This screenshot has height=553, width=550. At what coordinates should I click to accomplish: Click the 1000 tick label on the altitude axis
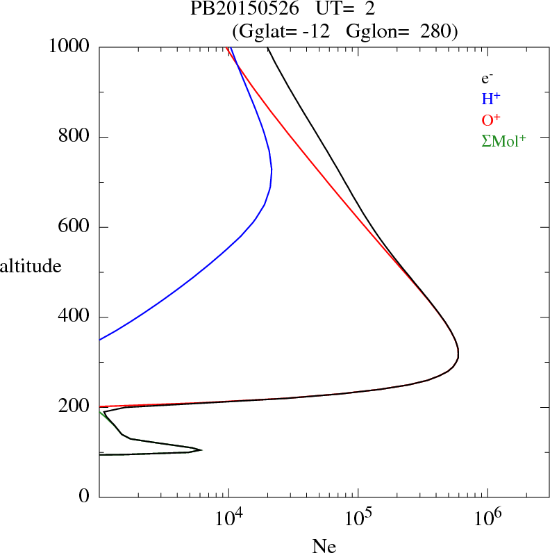(x=69, y=47)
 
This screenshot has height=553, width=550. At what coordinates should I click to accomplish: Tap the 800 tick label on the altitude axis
(x=75, y=138)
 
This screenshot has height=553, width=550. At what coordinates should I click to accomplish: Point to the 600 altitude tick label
(x=75, y=227)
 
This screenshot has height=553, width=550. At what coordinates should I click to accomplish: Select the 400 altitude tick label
(x=75, y=317)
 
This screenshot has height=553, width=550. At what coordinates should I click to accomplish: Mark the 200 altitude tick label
(x=75, y=407)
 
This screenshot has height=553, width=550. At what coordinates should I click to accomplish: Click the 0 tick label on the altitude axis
(x=84, y=497)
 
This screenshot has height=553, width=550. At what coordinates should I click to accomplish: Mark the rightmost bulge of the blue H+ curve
(x=272, y=170)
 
